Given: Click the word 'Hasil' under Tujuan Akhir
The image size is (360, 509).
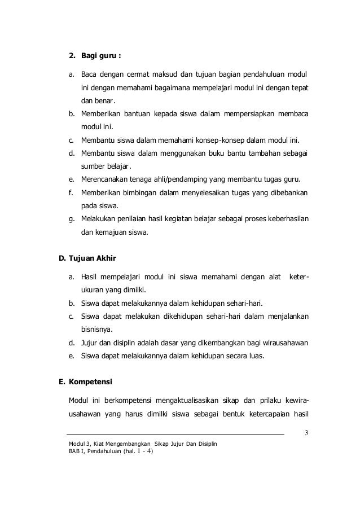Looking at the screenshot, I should tap(90, 277).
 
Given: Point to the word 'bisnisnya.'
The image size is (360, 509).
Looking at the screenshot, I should tap(97, 329).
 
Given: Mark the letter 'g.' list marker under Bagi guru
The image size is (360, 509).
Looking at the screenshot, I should tap(72, 219).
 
